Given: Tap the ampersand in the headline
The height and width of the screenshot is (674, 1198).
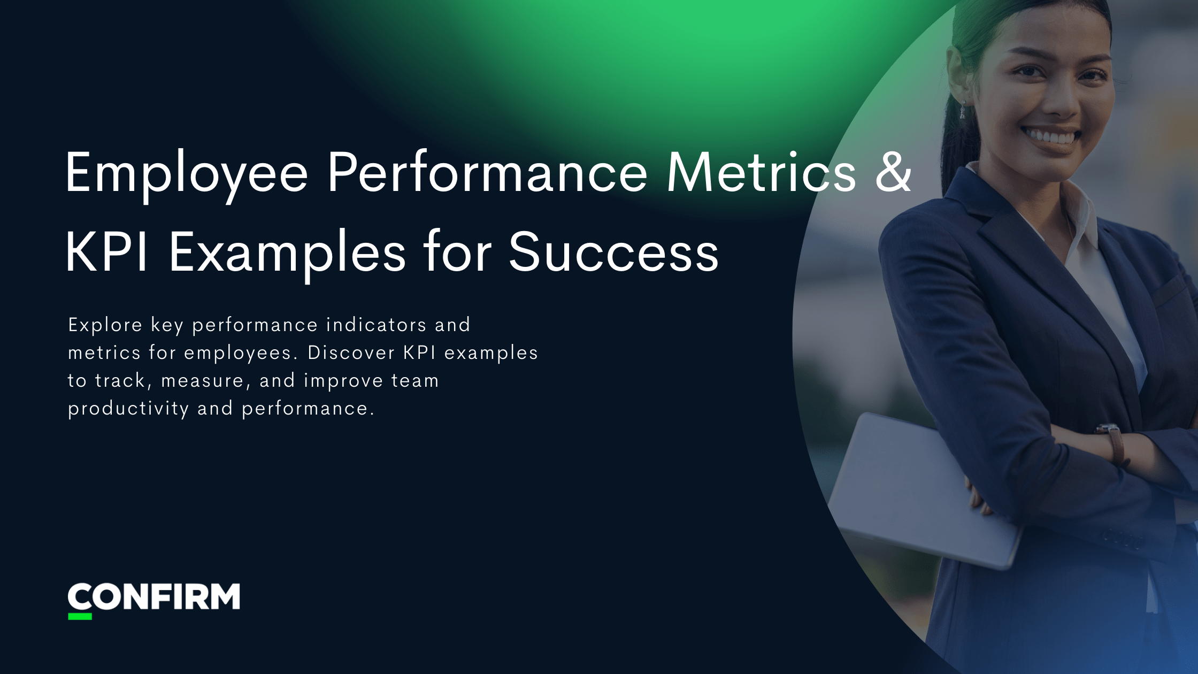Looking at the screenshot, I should (893, 172).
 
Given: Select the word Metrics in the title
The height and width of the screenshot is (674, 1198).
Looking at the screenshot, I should (762, 172).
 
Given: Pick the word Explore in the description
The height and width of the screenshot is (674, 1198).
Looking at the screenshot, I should (105, 325).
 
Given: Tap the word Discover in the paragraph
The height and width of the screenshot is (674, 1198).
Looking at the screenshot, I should (350, 353).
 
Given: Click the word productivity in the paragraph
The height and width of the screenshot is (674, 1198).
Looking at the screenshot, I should (128, 409).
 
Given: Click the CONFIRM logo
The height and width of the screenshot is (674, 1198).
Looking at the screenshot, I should (154, 598).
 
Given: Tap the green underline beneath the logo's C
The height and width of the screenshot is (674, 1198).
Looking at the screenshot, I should (80, 617).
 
